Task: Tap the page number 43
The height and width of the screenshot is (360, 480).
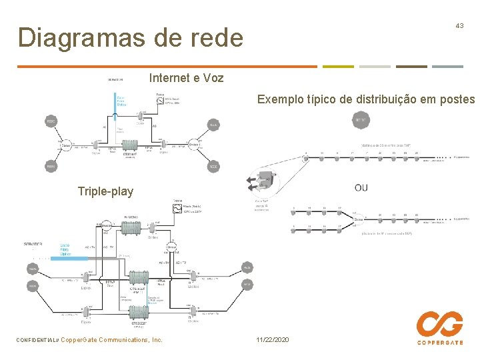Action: coord(459,25)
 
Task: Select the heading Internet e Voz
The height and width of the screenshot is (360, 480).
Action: coord(187,78)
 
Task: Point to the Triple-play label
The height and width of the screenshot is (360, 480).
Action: coord(105,191)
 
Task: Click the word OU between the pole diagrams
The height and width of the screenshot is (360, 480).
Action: coord(361,187)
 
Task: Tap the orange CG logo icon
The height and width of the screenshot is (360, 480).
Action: coord(439,325)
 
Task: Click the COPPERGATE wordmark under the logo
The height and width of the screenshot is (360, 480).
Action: coord(440,343)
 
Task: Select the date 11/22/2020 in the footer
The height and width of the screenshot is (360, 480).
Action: coord(273,340)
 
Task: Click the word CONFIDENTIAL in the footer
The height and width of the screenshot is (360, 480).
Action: coord(35,340)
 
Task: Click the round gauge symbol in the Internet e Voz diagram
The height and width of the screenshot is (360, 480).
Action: coord(160,101)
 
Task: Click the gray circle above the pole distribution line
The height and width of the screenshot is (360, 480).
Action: coord(361,120)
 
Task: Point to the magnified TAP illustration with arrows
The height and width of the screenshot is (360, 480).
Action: coord(262,181)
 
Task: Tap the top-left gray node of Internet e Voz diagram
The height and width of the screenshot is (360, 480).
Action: coord(51,121)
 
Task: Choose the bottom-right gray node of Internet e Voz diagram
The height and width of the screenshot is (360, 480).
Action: coord(213,167)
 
